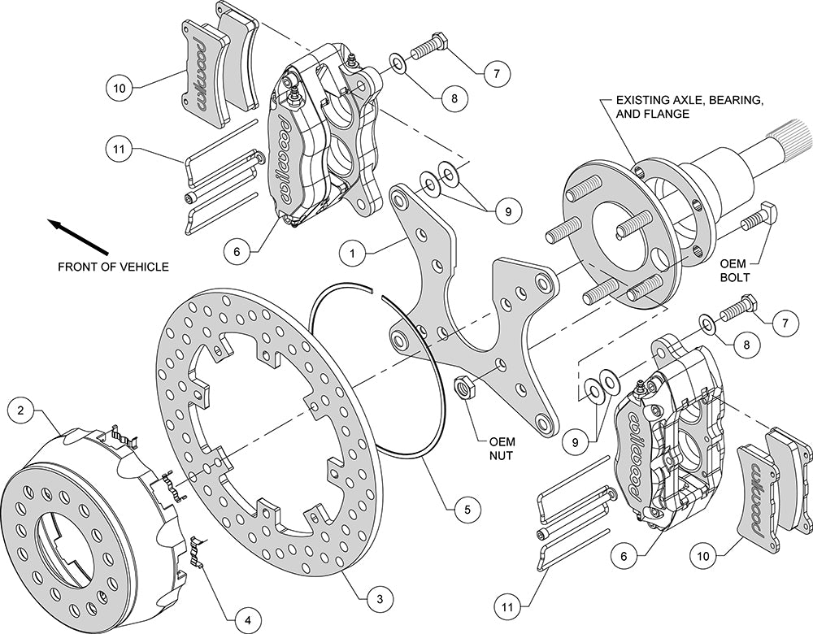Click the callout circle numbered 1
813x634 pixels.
[351, 254]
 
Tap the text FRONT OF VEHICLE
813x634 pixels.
[113, 267]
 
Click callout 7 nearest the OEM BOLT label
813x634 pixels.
[785, 324]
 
